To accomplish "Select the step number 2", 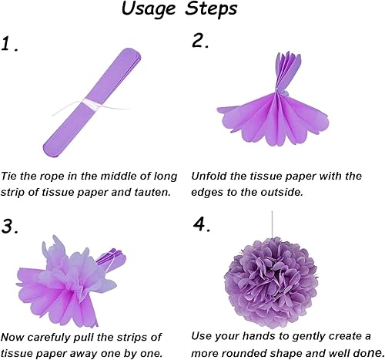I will pyautogui.click(x=200, y=42).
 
